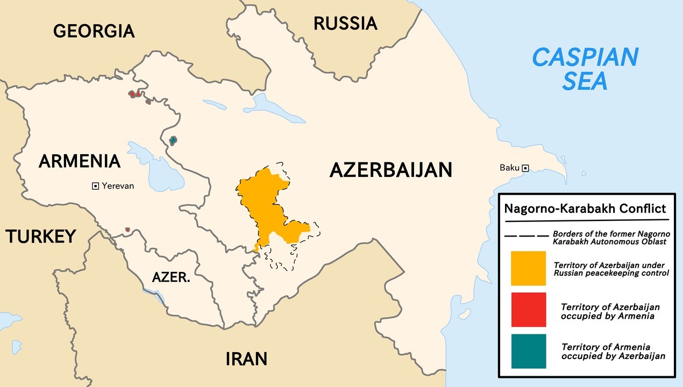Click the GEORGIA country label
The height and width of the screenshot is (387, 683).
point(94,31)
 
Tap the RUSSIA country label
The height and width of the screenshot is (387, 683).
point(345,23)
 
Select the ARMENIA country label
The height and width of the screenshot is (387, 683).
point(79,161)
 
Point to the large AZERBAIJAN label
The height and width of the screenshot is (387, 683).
point(390,169)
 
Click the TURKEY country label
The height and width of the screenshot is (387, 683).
point(40,236)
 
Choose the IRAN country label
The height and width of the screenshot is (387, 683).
point(246,359)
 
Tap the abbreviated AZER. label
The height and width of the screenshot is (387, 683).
point(171,278)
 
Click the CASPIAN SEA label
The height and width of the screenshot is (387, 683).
point(585,69)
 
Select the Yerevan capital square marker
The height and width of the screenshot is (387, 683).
point(95,186)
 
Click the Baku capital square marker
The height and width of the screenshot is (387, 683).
point(525,168)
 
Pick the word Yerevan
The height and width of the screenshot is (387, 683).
point(118,186)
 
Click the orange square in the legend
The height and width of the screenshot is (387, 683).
point(528,268)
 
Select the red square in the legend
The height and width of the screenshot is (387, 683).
point(528,310)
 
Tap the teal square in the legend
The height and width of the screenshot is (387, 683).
point(528,351)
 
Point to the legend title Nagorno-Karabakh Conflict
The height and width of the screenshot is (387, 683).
point(585,209)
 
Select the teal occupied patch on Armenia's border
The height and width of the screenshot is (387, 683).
point(173,141)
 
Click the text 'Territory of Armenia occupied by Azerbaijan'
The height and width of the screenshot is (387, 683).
point(613,352)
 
